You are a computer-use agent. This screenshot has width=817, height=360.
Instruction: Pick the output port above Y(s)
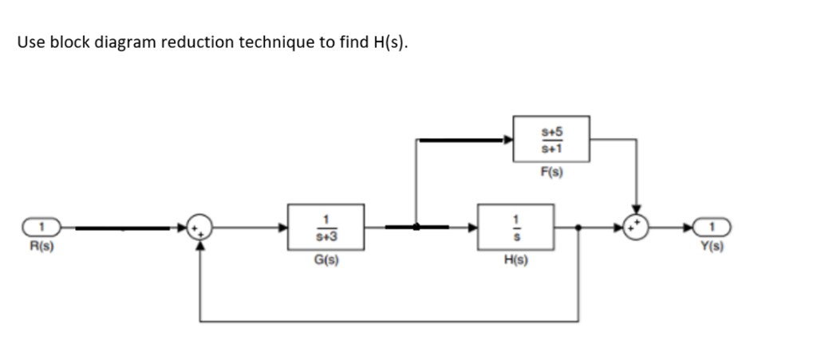tap(711, 227)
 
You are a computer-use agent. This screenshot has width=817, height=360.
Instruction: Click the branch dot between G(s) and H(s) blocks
tap(416, 227)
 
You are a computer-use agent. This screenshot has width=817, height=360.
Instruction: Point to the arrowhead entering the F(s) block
tap(508, 140)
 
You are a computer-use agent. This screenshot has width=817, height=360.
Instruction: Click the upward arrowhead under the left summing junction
tap(199, 245)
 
